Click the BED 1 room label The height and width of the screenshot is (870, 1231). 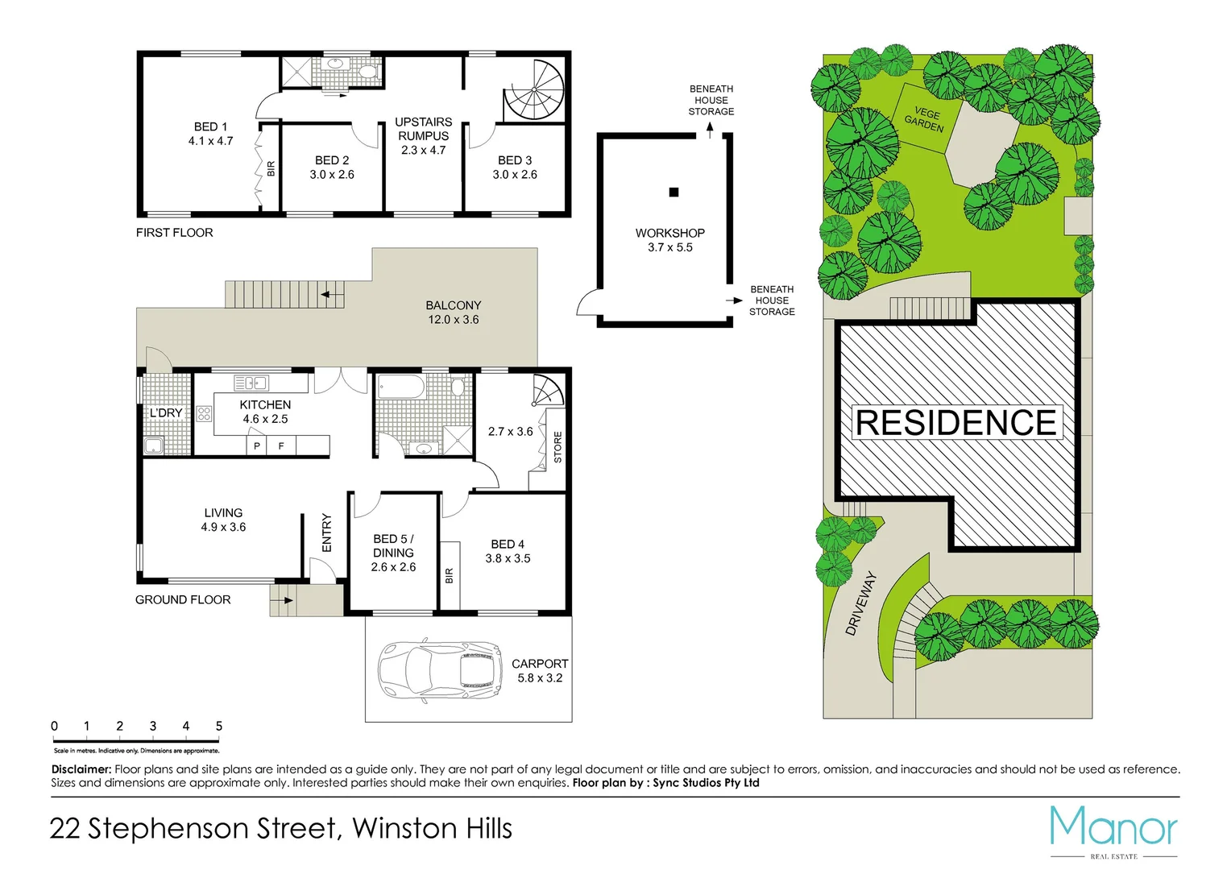pos(210,126)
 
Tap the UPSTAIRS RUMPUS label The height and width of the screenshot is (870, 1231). pos(423,129)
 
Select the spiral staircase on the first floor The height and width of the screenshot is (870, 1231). pos(533,91)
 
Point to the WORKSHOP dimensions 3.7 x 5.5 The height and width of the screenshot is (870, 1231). pos(669,247)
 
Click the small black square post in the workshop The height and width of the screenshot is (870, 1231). pos(674,192)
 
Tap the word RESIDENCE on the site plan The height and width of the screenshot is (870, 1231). pos(955,423)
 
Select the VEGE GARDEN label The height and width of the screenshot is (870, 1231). pos(925,119)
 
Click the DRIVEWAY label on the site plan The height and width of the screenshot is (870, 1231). pos(860,603)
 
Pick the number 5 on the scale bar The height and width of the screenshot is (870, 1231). pos(218,726)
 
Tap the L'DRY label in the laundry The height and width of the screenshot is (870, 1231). pos(166,412)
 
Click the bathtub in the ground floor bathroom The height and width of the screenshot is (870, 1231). pos(400,387)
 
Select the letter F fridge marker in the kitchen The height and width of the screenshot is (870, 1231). pos(281,445)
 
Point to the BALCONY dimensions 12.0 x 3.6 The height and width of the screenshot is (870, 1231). pos(453,320)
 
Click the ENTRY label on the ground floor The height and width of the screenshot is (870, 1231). pos(326,532)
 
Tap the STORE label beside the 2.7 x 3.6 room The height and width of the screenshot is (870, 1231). pos(557,447)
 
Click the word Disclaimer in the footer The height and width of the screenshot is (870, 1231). pos(81,769)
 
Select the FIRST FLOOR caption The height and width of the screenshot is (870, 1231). pos(174,233)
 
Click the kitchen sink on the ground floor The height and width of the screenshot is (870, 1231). pos(251,383)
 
